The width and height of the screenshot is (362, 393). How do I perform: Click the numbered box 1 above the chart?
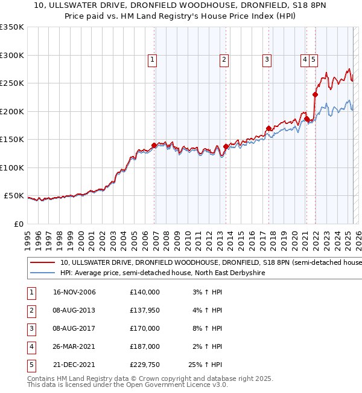[x=153, y=60]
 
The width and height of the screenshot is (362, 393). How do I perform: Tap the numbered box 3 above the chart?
[x=266, y=60]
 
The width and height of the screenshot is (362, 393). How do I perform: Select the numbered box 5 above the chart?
[x=315, y=60]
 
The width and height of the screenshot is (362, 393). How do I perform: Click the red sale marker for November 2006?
[x=154, y=145]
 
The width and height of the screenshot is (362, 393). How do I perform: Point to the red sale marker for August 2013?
[x=226, y=146]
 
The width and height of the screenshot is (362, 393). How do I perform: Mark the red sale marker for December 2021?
[x=315, y=94]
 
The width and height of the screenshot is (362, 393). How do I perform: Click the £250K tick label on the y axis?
[x=12, y=83]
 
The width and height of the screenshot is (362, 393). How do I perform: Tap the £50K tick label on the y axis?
[x=14, y=196]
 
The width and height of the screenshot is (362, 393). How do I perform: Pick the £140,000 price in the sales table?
[x=145, y=292]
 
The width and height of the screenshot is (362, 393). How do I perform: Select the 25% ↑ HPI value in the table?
[x=205, y=365]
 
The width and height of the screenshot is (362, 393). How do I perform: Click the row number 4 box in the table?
[x=30, y=346]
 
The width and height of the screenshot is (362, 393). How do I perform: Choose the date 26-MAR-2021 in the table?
[x=75, y=346]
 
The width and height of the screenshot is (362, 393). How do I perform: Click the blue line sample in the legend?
[x=43, y=273]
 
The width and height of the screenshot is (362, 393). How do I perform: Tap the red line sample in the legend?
[x=43, y=263]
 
